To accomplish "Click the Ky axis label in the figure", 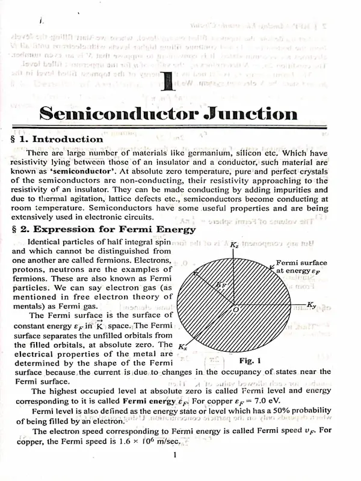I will tap(311, 305).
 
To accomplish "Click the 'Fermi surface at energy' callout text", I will tap(301, 266).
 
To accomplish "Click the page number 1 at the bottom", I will tap(173, 456).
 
